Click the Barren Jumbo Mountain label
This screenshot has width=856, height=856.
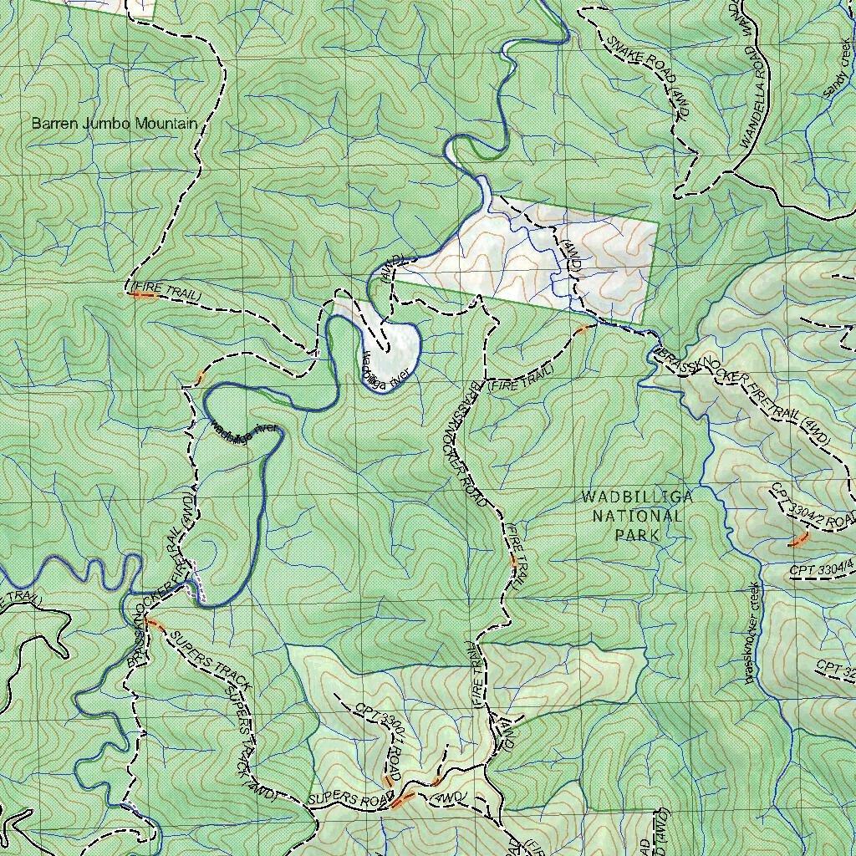pyautogui.click(x=115, y=124)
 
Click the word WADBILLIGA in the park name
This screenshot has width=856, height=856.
pyautogui.click(x=637, y=497)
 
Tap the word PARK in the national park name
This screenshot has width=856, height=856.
pyautogui.click(x=637, y=534)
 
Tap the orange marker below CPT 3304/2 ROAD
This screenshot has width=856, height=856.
pyautogui.click(x=798, y=540)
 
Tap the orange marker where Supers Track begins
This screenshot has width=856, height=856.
pyautogui.click(x=155, y=624)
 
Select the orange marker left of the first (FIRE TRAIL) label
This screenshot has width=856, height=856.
pyautogui.click(x=145, y=294)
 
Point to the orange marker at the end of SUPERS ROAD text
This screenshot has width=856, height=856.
pyautogui.click(x=403, y=800)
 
